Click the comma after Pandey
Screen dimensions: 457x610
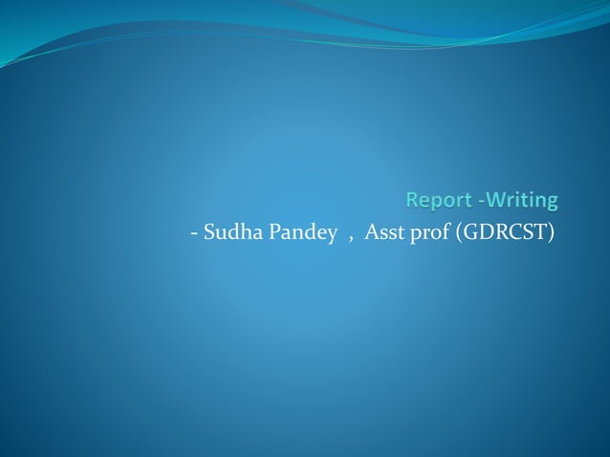click(x=350, y=237)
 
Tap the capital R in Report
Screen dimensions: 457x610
click(x=413, y=201)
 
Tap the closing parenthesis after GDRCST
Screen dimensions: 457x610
click(x=552, y=232)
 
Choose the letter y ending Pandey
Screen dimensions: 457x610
click(x=332, y=235)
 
